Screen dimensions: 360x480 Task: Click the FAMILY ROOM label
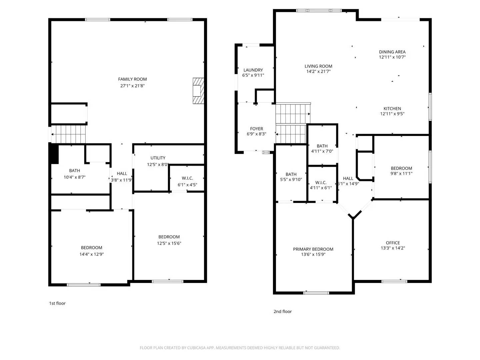click(132, 79)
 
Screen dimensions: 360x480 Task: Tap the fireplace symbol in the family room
click(198, 91)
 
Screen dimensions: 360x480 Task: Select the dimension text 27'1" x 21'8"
click(132, 86)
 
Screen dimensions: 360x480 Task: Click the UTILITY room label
click(158, 158)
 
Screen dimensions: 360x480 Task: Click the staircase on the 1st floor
click(69, 134)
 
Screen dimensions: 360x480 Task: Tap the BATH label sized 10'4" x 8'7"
click(74, 171)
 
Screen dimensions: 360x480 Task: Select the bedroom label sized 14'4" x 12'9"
click(91, 248)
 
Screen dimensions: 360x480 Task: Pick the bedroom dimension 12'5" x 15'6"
click(169, 243)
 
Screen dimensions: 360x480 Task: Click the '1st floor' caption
click(57, 303)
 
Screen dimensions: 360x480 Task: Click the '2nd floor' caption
click(282, 312)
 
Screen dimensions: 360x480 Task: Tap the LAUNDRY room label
click(253, 70)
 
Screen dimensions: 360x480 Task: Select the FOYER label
click(256, 129)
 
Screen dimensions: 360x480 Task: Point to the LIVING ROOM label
click(318, 66)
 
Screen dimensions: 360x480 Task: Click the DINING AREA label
click(392, 52)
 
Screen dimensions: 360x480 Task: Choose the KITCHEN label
click(392, 109)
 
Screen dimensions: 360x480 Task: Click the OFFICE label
click(393, 243)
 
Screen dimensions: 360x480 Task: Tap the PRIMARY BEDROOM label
click(313, 249)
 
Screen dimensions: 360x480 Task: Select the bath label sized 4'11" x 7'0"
click(322, 146)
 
